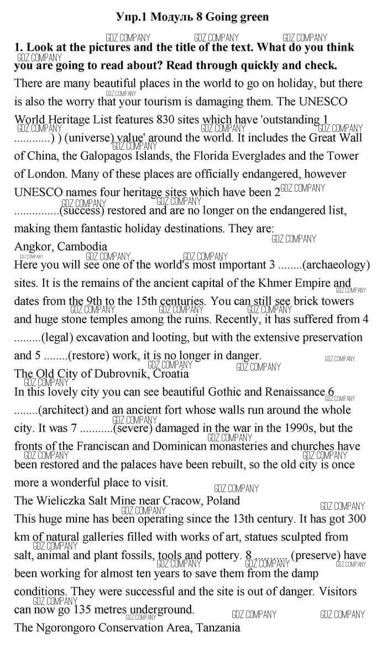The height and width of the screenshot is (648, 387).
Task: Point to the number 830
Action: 170,120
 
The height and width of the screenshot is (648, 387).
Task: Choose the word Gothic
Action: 227,392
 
